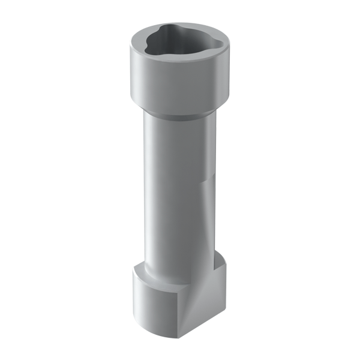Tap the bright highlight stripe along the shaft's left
click(150, 192)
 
